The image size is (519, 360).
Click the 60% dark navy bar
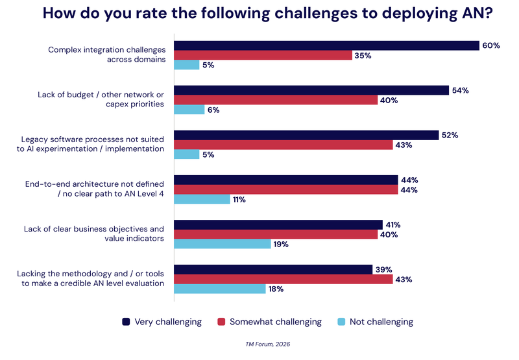pos(326,45)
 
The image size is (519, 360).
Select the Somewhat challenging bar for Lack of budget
pos(276,100)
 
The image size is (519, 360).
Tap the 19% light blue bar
pos(223,244)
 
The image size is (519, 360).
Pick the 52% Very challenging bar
pos(306,135)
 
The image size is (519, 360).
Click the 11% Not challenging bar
pos(202,200)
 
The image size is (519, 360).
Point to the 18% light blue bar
pos(220,289)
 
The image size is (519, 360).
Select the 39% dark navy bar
pos(273,269)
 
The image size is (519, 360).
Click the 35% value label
pos(362,56)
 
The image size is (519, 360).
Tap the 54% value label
pos(460,91)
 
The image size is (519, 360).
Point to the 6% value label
pos(213,110)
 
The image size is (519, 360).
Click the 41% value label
pos(392,225)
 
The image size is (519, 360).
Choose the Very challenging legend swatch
pos(127,322)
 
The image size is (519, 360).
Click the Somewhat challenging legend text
pos(275,322)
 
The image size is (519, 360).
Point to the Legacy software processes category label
pos(93,144)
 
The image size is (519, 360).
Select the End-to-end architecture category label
pos(95,189)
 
